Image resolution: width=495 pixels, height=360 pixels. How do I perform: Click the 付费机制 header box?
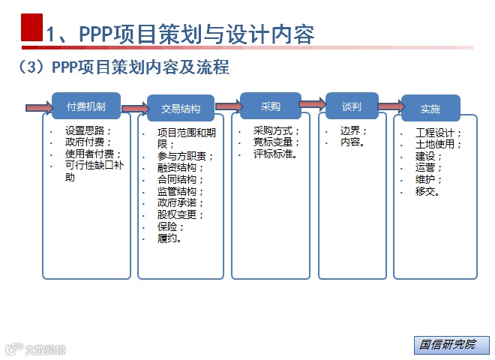click(x=86, y=106)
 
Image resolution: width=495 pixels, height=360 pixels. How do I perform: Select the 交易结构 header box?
click(x=181, y=109)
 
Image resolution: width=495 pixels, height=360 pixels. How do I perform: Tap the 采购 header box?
click(x=270, y=106)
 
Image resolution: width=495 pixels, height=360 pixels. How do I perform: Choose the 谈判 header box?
click(x=352, y=106)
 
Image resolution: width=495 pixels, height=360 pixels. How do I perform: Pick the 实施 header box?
click(x=430, y=109)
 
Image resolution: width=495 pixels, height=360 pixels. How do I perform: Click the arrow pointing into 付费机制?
click(x=39, y=107)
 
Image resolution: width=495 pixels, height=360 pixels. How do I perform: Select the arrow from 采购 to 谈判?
click(x=313, y=106)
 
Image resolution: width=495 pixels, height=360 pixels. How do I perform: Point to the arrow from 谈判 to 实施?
click(x=390, y=106)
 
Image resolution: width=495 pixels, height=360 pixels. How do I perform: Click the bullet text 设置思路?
click(x=87, y=129)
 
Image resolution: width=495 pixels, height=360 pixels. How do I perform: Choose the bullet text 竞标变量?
click(x=276, y=142)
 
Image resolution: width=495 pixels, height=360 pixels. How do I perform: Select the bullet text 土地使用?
click(x=438, y=144)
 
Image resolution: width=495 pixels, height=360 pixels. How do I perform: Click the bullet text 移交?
click(x=427, y=191)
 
